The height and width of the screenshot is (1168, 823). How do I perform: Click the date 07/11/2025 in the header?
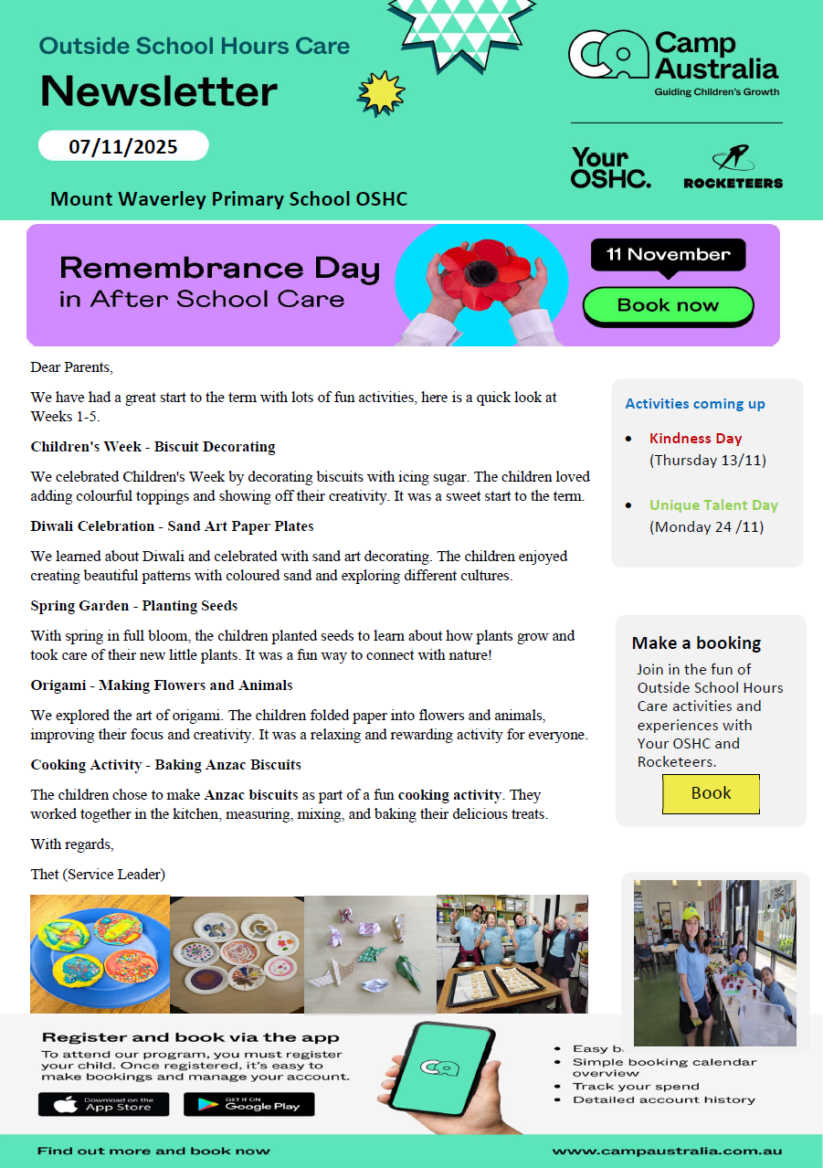point(123,145)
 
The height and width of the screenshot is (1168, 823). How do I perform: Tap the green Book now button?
point(668,305)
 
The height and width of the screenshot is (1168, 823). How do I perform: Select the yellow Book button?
point(711,793)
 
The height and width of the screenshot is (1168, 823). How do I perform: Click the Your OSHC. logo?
point(610,167)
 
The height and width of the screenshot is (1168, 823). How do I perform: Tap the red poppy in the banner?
point(480,269)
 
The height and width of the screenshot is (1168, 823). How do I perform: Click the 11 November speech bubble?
point(668,255)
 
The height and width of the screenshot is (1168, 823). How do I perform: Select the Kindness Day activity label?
point(695,438)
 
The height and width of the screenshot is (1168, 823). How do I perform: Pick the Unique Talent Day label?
point(713,504)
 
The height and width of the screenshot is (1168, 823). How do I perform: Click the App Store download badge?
point(103,1104)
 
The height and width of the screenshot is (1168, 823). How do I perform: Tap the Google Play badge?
point(248,1104)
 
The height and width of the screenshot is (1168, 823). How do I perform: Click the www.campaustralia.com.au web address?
point(667,1151)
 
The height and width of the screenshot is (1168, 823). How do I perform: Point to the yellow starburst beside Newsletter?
point(381,92)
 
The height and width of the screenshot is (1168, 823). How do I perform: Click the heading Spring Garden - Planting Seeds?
point(134,605)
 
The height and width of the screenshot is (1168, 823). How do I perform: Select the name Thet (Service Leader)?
point(98,874)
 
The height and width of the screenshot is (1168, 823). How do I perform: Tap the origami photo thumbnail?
point(370,954)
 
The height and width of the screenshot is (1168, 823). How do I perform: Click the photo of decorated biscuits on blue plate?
point(100,954)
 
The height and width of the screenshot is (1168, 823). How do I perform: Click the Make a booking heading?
point(696,642)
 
